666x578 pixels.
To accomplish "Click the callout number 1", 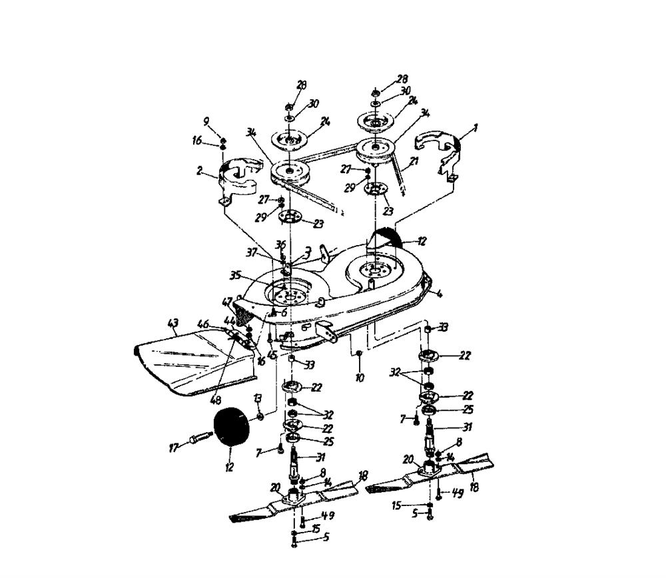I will coord(476,127).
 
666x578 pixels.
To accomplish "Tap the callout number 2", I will coord(200,170).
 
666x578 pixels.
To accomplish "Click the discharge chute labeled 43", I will coord(193,363).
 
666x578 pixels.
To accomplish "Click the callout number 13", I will coord(257,398).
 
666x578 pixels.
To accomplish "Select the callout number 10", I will coord(360,378).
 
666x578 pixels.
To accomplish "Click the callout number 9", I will coord(206,121).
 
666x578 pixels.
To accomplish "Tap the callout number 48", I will coord(215,400).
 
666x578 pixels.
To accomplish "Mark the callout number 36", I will coord(280,244).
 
